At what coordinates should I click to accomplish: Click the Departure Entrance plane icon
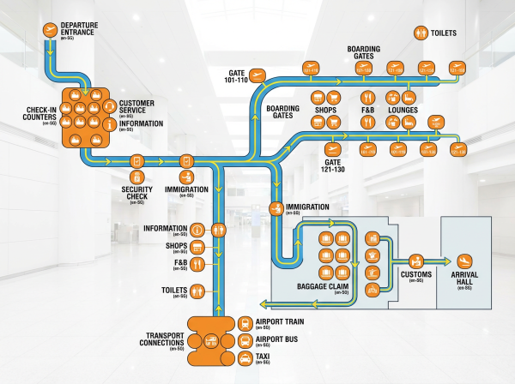tap(51, 32)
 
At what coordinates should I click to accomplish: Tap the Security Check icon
tap(136, 161)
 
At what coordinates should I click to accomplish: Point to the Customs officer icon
tap(415, 260)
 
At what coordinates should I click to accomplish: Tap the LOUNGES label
tap(403, 111)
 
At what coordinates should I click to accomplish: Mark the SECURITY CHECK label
tap(135, 194)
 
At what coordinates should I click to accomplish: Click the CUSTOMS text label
tap(415, 274)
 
